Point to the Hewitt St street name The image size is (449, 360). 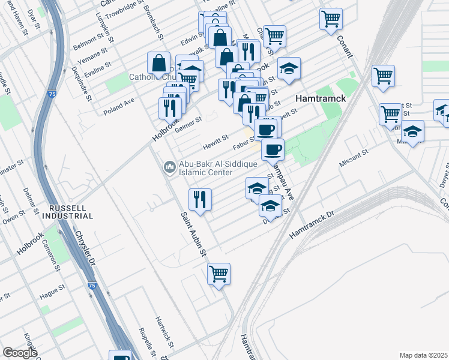215,141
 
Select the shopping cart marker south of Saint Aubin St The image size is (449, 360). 219,274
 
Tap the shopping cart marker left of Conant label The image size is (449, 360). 331,19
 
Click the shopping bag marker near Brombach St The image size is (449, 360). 159,62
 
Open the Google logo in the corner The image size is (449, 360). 20,353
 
